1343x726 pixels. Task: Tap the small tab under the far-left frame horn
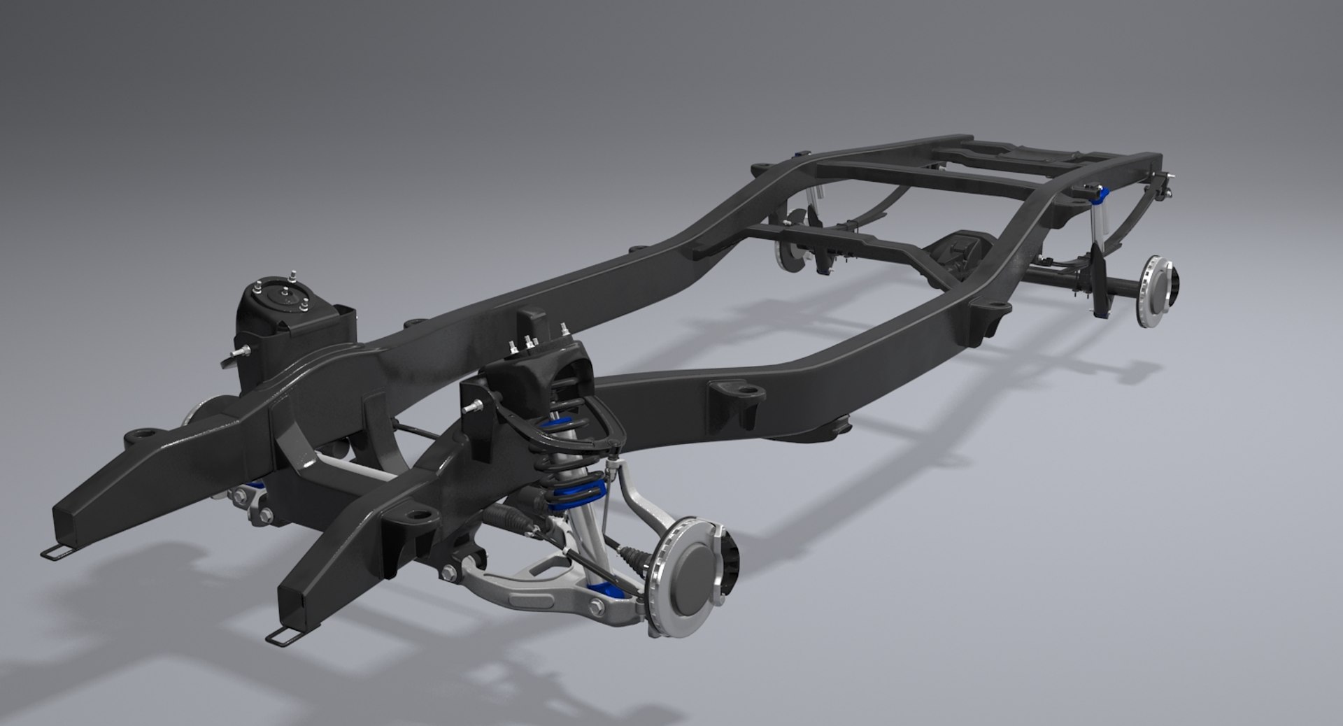click(55, 552)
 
